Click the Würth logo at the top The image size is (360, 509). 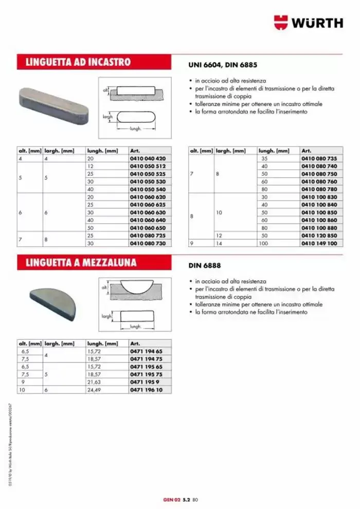click(308, 23)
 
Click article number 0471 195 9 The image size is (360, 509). click(142, 383)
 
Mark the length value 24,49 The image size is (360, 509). click(93, 390)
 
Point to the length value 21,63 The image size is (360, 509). click(93, 383)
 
